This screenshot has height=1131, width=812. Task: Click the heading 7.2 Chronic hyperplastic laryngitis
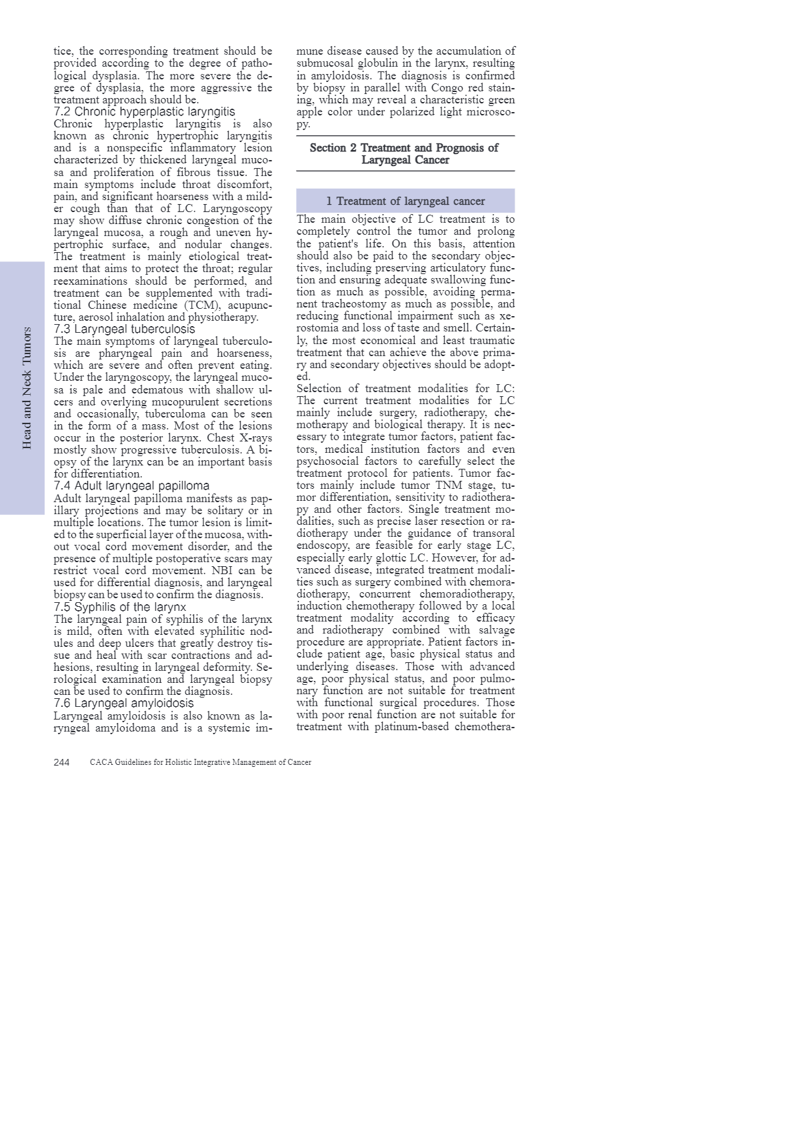(x=144, y=112)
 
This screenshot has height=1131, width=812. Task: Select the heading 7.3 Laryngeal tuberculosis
(x=124, y=329)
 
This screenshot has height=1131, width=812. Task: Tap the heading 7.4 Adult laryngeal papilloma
(x=131, y=486)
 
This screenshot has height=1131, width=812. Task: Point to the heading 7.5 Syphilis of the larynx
(x=120, y=607)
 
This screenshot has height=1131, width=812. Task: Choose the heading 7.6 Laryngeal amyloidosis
(x=123, y=704)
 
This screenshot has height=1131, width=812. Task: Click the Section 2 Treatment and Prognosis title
(x=405, y=153)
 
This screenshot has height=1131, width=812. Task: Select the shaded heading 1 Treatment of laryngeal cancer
(x=405, y=201)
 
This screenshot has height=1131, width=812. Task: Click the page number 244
(x=61, y=762)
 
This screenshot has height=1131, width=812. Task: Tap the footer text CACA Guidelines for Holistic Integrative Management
(x=200, y=762)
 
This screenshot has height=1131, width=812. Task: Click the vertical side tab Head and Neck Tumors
(x=27, y=387)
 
